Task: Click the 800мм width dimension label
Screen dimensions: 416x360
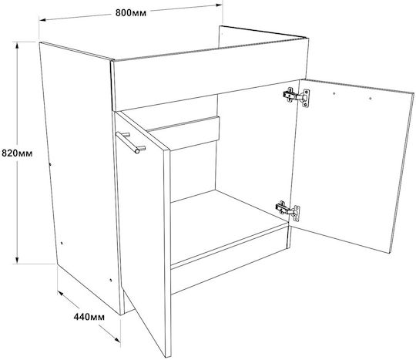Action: point(131,13)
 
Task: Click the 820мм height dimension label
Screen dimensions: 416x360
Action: point(17,153)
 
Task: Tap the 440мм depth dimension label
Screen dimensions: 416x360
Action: point(89,317)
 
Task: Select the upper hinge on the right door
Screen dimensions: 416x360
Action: point(297,97)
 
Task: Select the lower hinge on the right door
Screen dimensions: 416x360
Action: point(288,210)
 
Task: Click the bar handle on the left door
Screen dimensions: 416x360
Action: point(131,142)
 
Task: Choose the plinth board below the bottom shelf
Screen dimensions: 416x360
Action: point(230,261)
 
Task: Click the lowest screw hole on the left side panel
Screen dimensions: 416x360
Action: point(111,280)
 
